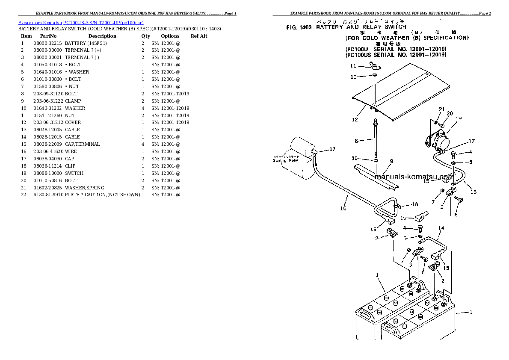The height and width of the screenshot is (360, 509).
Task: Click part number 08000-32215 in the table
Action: (47, 43)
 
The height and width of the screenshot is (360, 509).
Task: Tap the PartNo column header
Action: (48, 36)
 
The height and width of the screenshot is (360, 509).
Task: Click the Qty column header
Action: (145, 36)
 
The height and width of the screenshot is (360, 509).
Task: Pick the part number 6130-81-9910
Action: (47, 195)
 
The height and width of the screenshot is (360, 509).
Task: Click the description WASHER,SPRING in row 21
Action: (85, 188)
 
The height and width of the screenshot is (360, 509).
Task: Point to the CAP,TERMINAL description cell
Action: (83, 144)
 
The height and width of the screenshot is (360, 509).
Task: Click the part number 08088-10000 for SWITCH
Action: (47, 173)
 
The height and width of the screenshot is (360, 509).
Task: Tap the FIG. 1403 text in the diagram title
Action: (299, 27)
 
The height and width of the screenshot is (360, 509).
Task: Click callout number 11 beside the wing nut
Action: (353, 66)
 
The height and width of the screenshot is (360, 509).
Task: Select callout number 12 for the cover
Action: (355, 120)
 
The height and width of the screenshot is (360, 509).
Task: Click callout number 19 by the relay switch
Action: (459, 118)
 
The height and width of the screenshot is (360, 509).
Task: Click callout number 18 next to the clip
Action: (414, 204)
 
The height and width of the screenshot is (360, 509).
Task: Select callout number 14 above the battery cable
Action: (441, 228)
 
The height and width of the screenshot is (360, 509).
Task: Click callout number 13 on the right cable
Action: (473, 191)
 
